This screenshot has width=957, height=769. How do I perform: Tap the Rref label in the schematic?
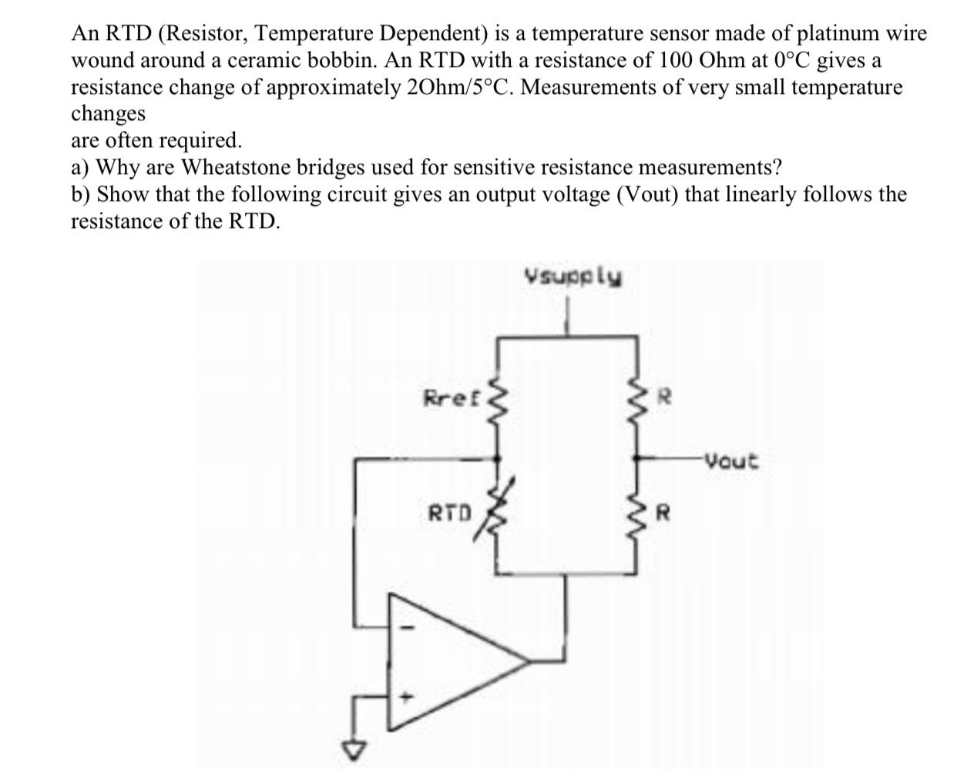[452, 398]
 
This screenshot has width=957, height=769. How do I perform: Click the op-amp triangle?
[455, 661]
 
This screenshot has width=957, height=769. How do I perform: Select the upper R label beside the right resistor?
[668, 398]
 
